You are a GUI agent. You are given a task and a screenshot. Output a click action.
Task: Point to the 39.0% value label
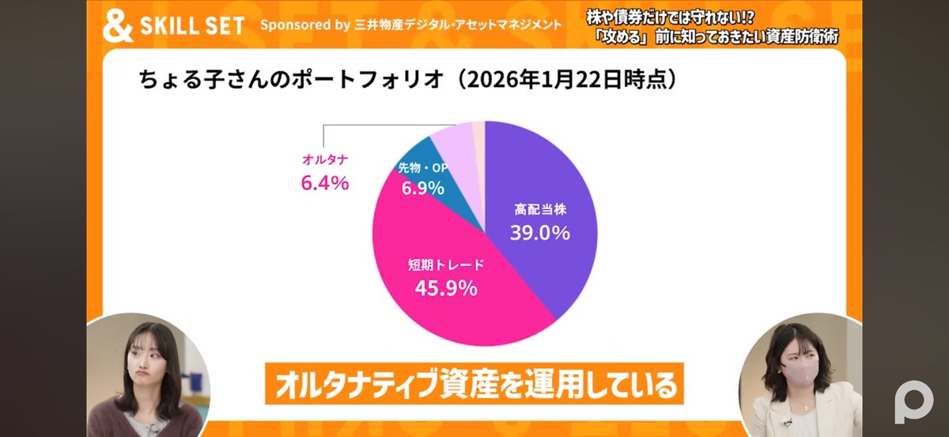pos(539,233)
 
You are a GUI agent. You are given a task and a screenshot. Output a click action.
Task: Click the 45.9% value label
pos(446,287)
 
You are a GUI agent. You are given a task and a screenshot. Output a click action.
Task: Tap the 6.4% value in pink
pos(324,183)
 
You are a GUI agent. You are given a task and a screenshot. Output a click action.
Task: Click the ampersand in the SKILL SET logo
pos(117,25)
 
